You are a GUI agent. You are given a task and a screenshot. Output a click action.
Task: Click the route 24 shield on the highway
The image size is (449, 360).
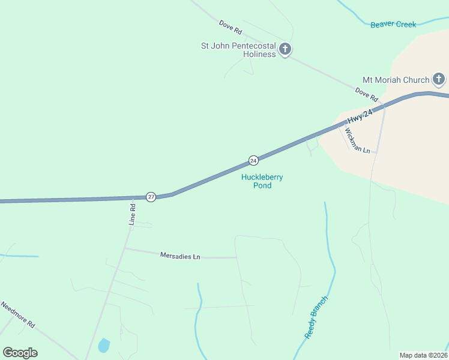coord(253,160)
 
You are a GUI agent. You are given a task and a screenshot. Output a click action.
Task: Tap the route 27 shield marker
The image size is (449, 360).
coord(151,197)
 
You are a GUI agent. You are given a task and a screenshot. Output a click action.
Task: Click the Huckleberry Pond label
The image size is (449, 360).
coord(262,181)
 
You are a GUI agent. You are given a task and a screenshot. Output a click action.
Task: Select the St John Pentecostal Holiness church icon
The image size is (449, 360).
coord(286,49)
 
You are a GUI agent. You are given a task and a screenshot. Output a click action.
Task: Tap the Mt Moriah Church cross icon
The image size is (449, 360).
coord(439,79)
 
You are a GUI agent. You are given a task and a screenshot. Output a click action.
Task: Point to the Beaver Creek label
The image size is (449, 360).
coord(393,25)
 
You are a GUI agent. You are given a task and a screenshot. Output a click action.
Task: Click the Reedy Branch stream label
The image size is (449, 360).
coord(316,317)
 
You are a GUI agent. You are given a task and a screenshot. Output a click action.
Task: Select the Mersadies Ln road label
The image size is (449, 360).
coord(180,256)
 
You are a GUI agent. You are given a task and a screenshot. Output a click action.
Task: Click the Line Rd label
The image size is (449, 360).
coord(133,214)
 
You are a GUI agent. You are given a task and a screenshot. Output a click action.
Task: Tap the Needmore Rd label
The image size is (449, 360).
coord(17,315)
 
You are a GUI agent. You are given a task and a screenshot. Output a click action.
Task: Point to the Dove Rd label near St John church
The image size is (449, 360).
coord(230,26)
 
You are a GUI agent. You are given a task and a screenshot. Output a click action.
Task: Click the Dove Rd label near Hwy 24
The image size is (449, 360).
coord(366,94)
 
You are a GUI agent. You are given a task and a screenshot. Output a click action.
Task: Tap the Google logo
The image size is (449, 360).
coord(20,353)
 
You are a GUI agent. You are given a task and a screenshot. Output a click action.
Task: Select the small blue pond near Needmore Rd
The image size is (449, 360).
coord(104,346)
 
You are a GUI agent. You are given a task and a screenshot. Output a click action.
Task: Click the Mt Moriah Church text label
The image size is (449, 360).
coord(396,80)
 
